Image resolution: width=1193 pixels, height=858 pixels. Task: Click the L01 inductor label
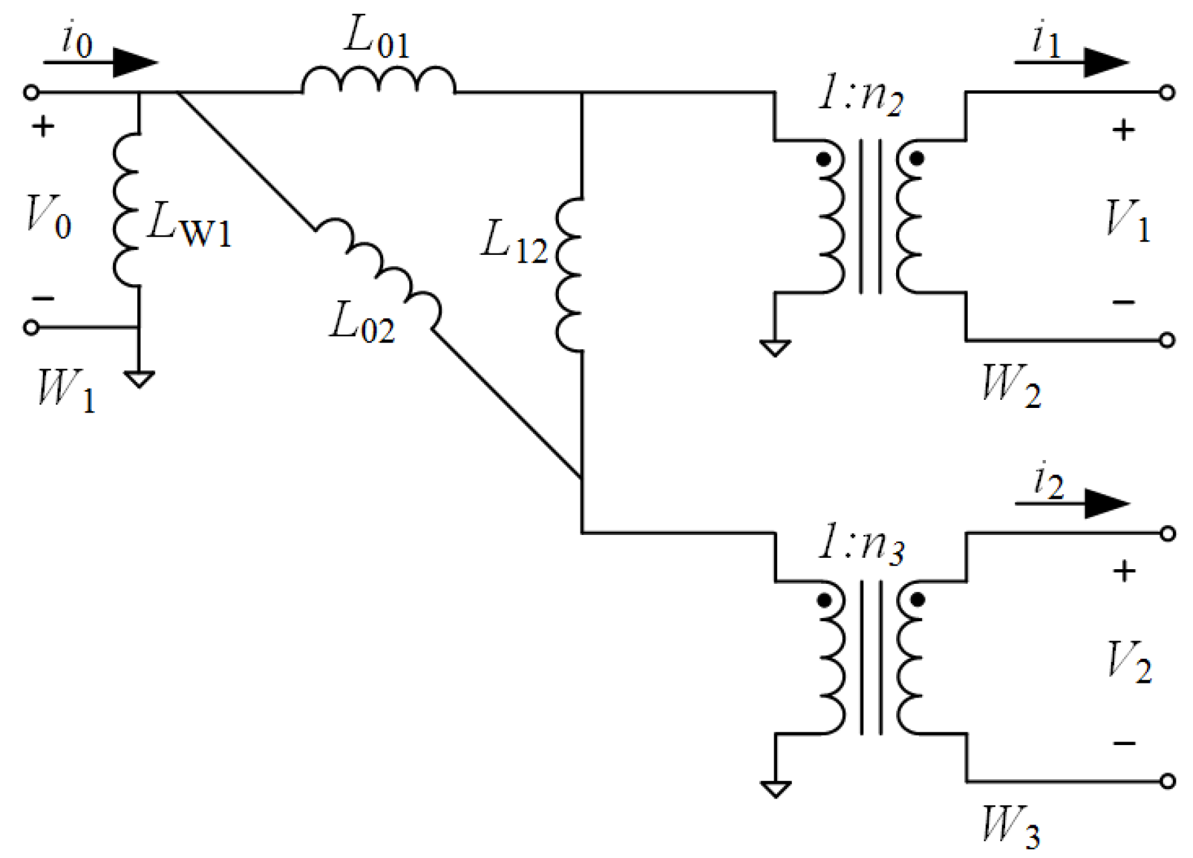[376, 37]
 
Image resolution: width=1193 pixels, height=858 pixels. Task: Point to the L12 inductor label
[514, 242]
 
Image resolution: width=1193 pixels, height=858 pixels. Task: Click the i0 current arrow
[100, 63]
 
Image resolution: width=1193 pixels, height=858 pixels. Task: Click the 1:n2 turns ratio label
[861, 95]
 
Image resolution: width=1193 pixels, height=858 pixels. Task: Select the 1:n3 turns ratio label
[861, 544]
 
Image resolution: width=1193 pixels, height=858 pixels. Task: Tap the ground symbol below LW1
[139, 380]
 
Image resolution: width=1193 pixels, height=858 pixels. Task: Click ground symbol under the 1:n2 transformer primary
[775, 348]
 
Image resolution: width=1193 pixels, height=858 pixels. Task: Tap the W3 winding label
[1010, 827]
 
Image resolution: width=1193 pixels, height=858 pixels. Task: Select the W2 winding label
[1010, 385]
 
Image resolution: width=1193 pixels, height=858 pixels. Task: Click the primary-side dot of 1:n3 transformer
[825, 600]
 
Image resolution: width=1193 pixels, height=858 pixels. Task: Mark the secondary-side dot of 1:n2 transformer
[917, 159]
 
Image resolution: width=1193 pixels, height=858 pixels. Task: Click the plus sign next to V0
[43, 126]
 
